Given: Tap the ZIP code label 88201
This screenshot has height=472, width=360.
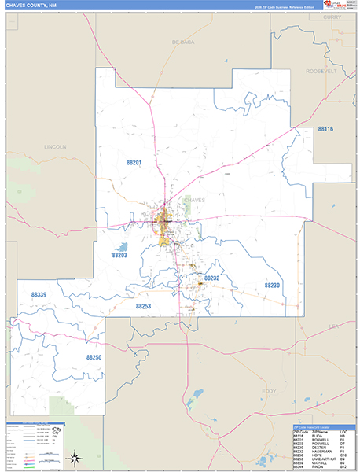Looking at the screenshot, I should click(x=134, y=162).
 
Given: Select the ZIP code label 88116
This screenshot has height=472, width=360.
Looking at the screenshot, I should click(x=325, y=128).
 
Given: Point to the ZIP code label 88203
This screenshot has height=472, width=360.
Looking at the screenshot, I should click(x=119, y=256).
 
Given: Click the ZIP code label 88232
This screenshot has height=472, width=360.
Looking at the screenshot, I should click(x=211, y=278).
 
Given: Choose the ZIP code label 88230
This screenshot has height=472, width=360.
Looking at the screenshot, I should click(x=272, y=285).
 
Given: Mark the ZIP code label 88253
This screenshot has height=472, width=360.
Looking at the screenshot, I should click(x=143, y=306).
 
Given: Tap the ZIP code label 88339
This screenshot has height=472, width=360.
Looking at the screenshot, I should click(x=39, y=294).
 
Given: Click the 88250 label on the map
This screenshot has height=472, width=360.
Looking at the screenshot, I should click(x=94, y=357).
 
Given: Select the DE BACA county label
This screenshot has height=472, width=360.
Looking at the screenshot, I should click(x=182, y=41).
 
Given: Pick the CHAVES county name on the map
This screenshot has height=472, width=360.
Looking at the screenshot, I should click(x=193, y=200).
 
